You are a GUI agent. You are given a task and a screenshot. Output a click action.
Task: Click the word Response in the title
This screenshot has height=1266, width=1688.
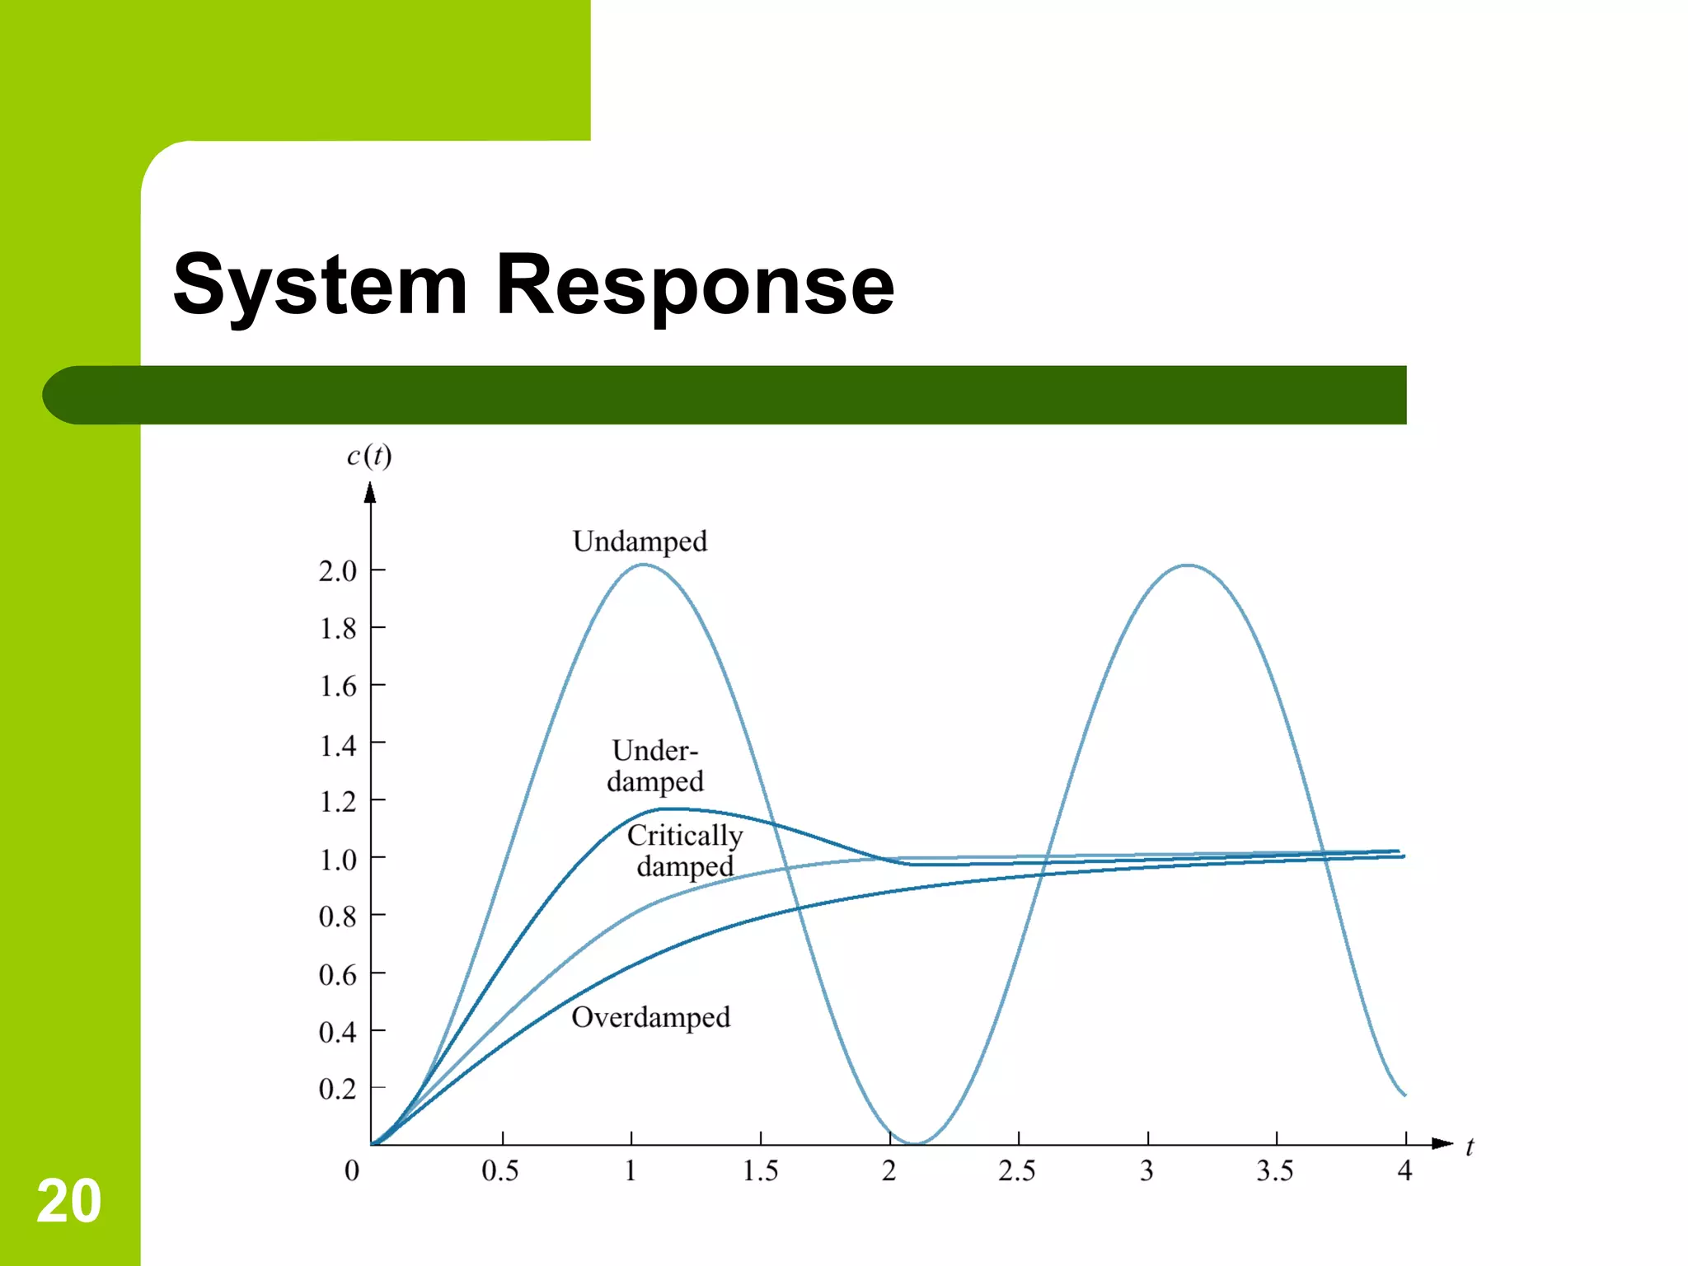tap(694, 285)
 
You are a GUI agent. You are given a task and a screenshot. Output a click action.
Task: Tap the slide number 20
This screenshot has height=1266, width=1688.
tap(68, 1201)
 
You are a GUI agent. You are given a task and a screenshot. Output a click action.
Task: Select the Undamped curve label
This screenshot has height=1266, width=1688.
tap(640, 542)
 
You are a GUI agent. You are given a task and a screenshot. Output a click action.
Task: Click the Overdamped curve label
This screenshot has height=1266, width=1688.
tap(650, 1017)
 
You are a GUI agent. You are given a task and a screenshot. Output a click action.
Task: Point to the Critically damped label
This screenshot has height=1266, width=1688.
tap(684, 851)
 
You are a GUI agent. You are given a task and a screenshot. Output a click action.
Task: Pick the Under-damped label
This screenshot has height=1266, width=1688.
tap(655, 766)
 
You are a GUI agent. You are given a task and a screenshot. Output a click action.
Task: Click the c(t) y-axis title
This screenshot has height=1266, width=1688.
tap(368, 456)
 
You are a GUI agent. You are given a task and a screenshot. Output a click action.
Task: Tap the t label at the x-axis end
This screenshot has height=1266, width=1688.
tap(1470, 1146)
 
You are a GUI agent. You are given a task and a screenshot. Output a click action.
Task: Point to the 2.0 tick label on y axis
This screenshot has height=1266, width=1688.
tap(337, 571)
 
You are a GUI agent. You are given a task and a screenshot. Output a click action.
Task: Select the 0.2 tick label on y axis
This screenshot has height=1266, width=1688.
tap(337, 1089)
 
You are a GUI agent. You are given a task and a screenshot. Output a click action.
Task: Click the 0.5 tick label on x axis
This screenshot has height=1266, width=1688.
tap(500, 1171)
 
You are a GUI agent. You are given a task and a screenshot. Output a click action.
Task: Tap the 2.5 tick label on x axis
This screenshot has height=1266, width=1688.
tap(1016, 1171)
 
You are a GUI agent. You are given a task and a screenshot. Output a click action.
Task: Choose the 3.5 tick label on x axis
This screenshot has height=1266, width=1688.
tap(1274, 1171)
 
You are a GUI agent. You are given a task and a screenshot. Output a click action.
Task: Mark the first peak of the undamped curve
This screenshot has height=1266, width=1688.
tap(643, 565)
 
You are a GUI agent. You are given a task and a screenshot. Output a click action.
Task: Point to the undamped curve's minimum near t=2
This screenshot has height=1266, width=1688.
tap(916, 1142)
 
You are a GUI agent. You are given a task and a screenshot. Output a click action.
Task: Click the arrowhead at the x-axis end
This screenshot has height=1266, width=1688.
tap(1442, 1143)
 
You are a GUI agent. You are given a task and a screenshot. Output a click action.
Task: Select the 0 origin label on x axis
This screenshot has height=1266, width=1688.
tap(352, 1171)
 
